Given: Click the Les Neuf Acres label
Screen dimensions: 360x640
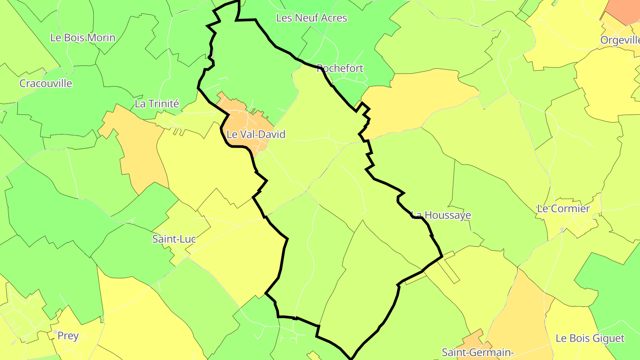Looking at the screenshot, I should [x=311, y=18].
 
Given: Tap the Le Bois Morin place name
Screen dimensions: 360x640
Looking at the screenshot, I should [x=83, y=38].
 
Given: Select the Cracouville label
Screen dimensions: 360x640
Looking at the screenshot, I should [x=46, y=84].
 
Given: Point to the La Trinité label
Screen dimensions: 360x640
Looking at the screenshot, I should [x=156, y=104].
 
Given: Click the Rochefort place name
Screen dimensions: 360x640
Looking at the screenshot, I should [x=340, y=68].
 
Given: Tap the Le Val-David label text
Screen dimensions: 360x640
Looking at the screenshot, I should [x=256, y=134].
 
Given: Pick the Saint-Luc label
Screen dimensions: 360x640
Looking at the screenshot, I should [x=174, y=239].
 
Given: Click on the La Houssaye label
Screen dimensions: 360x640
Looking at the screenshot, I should [x=441, y=215].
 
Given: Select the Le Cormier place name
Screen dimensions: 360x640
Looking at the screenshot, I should [x=564, y=209].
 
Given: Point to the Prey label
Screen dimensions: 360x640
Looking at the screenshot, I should [x=68, y=336].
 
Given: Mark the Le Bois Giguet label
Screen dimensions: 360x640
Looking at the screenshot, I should [x=590, y=339].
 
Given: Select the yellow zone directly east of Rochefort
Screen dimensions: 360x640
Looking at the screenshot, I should [x=418, y=100].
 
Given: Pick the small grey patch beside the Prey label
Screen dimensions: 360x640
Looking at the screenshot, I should [x=55, y=332].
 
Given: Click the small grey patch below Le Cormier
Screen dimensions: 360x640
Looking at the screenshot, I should [x=562, y=229].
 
